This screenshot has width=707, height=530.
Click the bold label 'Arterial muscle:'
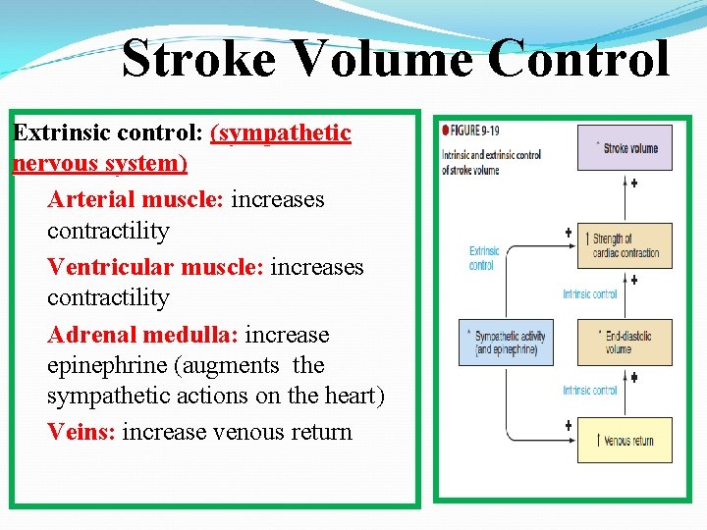[136, 200]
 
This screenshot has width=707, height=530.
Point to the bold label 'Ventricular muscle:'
[155, 267]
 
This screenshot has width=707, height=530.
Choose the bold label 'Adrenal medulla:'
[142, 335]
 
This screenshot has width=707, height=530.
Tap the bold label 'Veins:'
[82, 432]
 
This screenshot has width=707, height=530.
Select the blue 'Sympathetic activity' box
[507, 343]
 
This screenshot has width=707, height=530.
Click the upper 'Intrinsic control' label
[590, 293]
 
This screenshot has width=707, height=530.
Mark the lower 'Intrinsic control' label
[590, 391]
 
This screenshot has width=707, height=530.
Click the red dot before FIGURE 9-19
[446, 130]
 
